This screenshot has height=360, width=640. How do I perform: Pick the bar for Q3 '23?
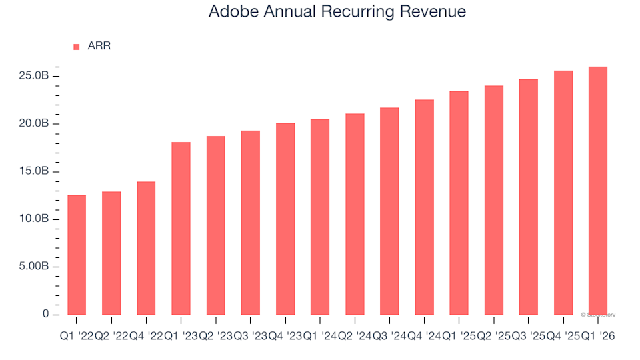tap(250, 223)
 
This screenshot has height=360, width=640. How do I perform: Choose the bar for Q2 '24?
tap(354, 214)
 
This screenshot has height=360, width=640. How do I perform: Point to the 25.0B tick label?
tap(33, 77)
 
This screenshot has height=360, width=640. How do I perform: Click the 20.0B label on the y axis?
tap(33, 124)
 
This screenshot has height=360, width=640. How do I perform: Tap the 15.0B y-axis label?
tap(33, 171)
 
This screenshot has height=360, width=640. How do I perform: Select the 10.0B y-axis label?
tap(33, 219)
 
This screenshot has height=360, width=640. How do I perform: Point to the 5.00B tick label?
tap(33, 267)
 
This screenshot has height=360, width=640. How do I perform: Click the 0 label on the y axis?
tap(46, 314)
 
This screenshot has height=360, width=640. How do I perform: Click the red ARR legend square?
tap(76, 47)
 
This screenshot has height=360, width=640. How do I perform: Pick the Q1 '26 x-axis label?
tap(598, 337)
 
